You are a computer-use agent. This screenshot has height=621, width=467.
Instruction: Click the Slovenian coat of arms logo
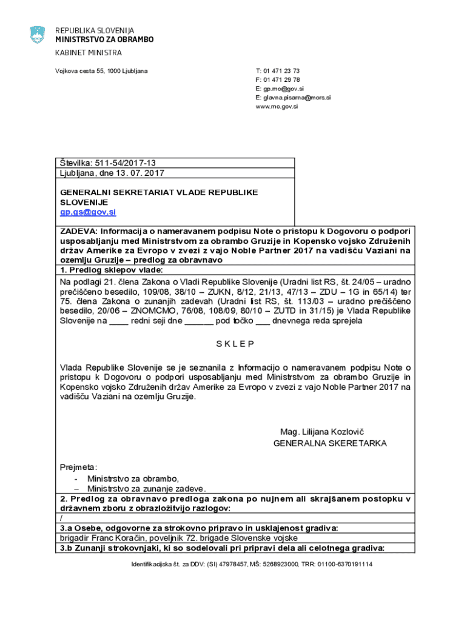coord(37,35)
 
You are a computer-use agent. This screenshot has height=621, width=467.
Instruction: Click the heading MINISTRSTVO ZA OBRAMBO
coord(104,39)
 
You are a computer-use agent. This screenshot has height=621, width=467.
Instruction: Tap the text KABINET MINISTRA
coord(89,53)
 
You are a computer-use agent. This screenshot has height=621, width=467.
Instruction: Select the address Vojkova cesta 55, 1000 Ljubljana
coord(101,72)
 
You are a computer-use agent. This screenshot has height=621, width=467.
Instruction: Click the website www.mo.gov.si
coord(277,106)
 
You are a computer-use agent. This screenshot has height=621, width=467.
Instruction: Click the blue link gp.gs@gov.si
coord(87,212)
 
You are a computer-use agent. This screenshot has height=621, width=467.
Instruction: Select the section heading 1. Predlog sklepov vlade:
coord(111,270)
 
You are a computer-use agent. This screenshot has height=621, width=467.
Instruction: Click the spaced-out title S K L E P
coord(235,344)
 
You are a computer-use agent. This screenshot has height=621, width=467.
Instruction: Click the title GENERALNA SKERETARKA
coord(329,443)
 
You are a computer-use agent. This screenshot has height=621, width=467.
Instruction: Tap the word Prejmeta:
coord(78,467)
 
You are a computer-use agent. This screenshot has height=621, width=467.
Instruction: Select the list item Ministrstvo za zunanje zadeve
coord(146,488)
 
